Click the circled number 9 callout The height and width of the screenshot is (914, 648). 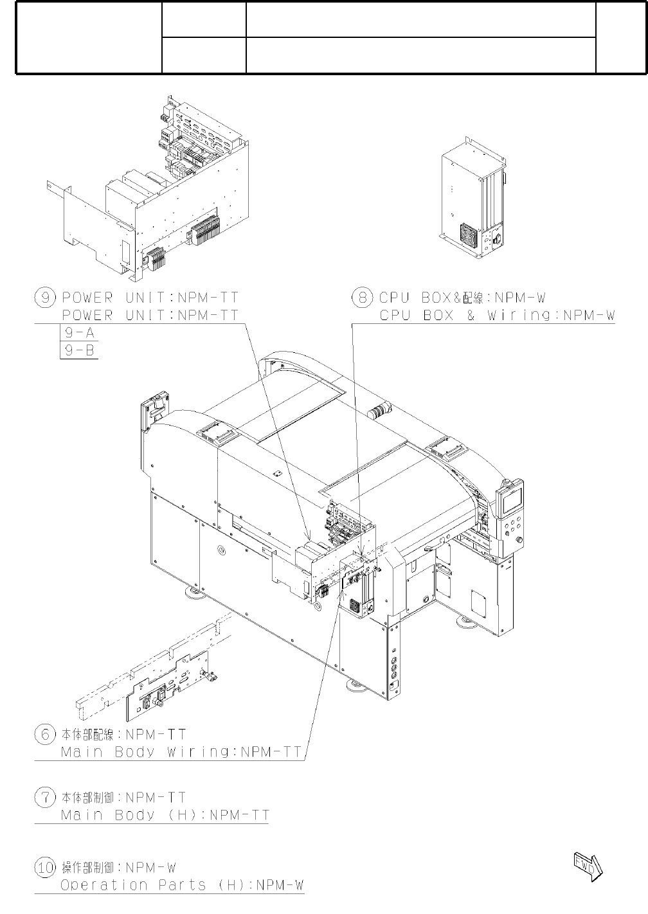(x=45, y=298)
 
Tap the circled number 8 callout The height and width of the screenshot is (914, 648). (x=363, y=298)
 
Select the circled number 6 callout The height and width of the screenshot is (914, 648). (x=45, y=734)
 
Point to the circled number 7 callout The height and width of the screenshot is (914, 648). (x=45, y=798)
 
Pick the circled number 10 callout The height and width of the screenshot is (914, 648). (x=45, y=868)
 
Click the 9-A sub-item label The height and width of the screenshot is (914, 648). (x=78, y=334)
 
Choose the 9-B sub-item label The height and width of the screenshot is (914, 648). (x=78, y=350)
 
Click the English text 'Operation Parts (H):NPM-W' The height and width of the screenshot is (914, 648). (x=182, y=885)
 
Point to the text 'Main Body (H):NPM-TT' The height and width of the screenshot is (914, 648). (x=165, y=816)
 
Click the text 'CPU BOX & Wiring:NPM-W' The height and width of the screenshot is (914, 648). (x=497, y=316)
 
